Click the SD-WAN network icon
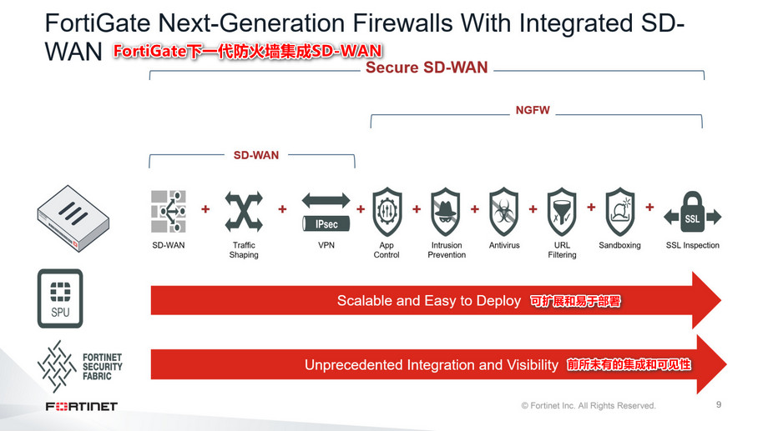pyautogui.click(x=169, y=211)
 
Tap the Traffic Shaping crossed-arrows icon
pyautogui.click(x=244, y=211)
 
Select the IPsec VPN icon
pyautogui.click(x=326, y=212)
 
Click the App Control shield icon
pyautogui.click(x=387, y=212)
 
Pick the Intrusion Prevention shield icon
pyautogui.click(x=446, y=212)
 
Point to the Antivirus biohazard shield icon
pyautogui.click(x=504, y=212)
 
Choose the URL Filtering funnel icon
pyautogui.click(x=562, y=212)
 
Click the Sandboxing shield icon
pyautogui.click(x=619, y=212)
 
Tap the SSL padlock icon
pyautogui.click(x=692, y=212)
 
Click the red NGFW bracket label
pyautogui.click(x=533, y=110)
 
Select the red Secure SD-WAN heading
pyautogui.click(x=427, y=68)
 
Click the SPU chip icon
pyautogui.click(x=60, y=298)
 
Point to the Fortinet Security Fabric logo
pyautogui.click(x=79, y=366)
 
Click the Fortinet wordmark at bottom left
pyautogui.click(x=81, y=406)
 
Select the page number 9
pyautogui.click(x=719, y=405)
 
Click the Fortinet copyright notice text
pyautogui.click(x=589, y=406)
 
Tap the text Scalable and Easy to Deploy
pyautogui.click(x=429, y=301)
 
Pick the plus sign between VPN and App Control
pyautogui.click(x=361, y=208)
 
